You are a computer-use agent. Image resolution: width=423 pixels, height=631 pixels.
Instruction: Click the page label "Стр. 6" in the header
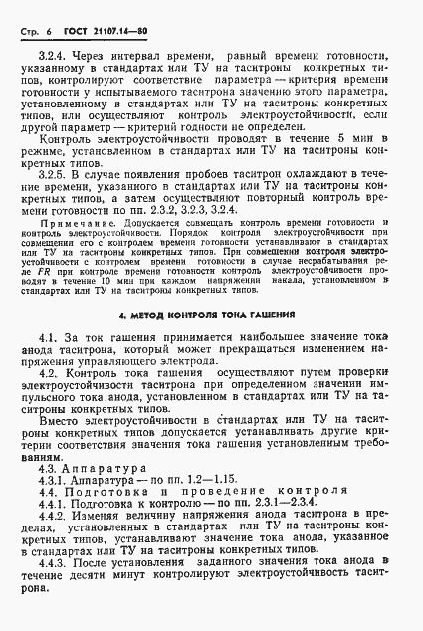click(x=35, y=31)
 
